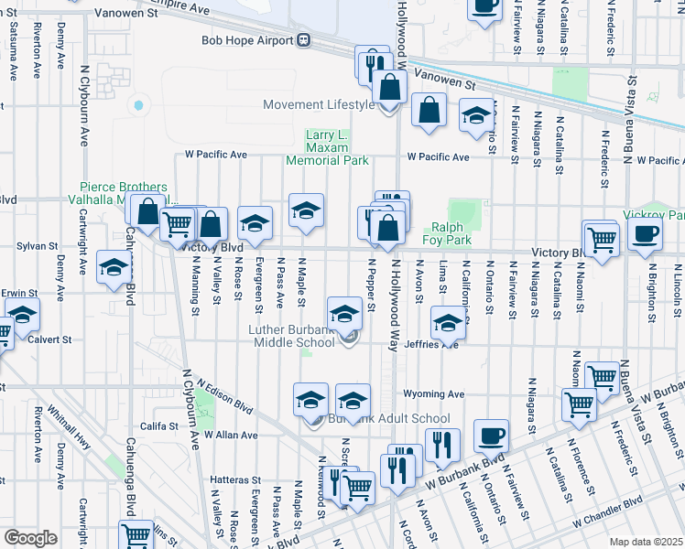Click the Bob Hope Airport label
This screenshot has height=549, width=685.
244,41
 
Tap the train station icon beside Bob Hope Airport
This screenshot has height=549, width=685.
302,41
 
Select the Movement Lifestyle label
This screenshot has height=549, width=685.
318,104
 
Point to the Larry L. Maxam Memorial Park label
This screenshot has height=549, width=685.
327,147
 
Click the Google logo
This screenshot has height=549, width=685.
30,538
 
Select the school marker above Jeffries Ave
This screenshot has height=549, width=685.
448,321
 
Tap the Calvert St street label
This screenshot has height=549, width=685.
54,339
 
